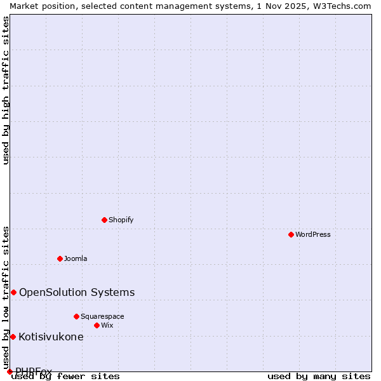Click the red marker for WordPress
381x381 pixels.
(291, 234)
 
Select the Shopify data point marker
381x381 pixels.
(104, 220)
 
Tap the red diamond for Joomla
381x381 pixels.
(60, 258)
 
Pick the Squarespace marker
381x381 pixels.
(76, 316)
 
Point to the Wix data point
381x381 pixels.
(97, 325)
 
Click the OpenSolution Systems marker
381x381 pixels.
(13, 292)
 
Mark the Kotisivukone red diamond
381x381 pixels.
(13, 337)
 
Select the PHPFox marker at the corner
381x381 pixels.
(10, 371)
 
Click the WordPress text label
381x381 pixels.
(313, 234)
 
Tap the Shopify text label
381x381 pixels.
(121, 220)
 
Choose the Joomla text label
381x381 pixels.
(76, 258)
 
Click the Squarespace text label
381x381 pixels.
(102, 316)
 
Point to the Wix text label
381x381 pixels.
(107, 325)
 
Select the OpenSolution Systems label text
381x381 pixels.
(77, 292)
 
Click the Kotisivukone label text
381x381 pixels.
(51, 337)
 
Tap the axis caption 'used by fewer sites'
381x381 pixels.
(66, 376)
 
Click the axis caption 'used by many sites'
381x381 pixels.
(319, 376)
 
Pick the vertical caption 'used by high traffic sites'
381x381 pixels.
(6, 90)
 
